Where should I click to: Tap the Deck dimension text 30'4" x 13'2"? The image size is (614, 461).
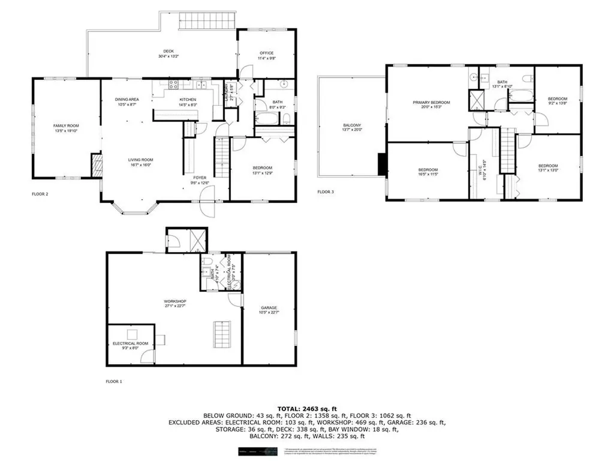(168, 56)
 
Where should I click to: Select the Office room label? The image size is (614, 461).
(266, 53)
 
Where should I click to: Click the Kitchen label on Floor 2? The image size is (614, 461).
(188, 100)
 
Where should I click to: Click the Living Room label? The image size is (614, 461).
(142, 160)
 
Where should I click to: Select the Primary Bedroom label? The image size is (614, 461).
(431, 103)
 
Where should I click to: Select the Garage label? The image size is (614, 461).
(269, 307)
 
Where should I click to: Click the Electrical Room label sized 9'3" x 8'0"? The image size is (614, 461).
(130, 343)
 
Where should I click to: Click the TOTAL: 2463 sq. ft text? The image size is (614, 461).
(306, 408)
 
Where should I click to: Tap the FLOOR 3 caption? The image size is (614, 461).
(326, 193)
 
